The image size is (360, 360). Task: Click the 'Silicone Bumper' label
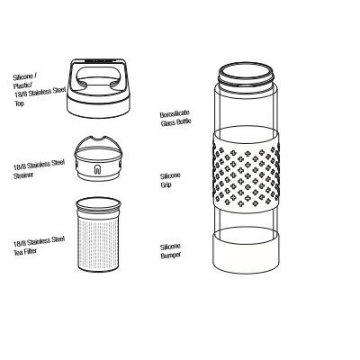coord(175,249)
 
